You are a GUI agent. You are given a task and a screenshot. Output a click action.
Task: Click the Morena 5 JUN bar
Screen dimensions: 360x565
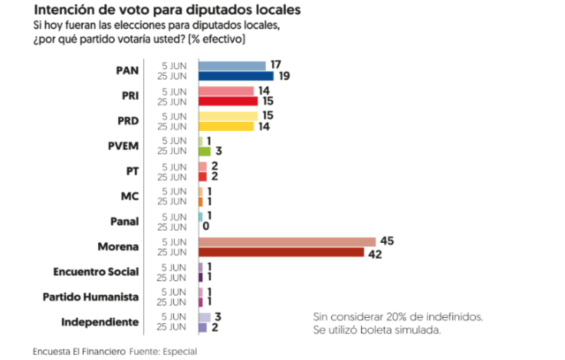287,242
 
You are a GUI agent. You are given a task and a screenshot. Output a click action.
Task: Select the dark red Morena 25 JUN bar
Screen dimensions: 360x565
281,252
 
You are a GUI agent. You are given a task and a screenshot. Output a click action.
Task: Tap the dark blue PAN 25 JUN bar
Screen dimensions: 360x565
236,76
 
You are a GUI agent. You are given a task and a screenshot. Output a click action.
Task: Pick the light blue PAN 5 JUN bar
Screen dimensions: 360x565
232,66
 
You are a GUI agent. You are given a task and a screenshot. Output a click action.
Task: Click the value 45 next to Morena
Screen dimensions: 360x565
387,241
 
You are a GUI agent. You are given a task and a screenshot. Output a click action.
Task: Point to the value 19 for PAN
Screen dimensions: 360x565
284,76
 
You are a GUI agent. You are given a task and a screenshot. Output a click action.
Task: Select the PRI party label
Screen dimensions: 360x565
130,96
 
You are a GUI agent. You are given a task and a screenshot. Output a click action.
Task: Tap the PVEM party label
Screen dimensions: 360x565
123,146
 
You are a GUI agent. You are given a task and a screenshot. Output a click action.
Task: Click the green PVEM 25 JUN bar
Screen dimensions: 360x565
204,151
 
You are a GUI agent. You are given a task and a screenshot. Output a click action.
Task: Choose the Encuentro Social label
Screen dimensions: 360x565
96,272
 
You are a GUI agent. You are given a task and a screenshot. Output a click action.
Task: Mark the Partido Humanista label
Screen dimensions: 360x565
91,297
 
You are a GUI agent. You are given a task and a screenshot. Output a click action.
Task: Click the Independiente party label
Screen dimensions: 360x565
100,322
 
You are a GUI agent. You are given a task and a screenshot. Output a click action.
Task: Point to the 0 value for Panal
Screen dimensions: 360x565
206,226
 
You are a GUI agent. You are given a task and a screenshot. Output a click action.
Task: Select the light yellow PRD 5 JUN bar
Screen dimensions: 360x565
228,116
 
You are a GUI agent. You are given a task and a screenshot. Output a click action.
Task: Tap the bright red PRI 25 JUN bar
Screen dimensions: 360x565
228,101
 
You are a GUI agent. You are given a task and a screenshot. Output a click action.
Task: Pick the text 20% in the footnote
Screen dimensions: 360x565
397,316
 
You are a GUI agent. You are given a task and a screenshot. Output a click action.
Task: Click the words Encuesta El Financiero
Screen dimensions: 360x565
79,351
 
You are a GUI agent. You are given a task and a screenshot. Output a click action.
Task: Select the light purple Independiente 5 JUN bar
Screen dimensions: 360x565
204,317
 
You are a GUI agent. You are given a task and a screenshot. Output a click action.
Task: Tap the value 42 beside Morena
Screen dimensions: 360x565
375,255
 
